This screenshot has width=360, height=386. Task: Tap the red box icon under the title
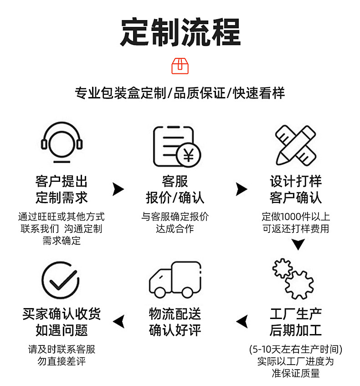[180, 66]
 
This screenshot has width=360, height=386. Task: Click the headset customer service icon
[62, 142]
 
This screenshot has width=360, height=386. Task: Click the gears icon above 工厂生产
[293, 278]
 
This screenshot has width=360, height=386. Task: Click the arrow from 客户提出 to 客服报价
[118, 189]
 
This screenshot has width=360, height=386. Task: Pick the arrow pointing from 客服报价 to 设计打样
[241, 189]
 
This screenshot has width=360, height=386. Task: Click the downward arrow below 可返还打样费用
[298, 244]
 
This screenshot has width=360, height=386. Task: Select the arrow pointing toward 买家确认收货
[118, 321]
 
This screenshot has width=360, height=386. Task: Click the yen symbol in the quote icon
[188, 155]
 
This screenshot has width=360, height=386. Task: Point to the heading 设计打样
[295, 181]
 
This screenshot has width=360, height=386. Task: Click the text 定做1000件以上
[295, 216]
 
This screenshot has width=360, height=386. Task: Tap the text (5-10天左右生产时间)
[295, 350]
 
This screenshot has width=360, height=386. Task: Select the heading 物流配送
[175, 314]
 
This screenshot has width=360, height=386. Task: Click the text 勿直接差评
[62, 361]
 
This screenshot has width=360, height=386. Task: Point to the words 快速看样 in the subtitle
[259, 93]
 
